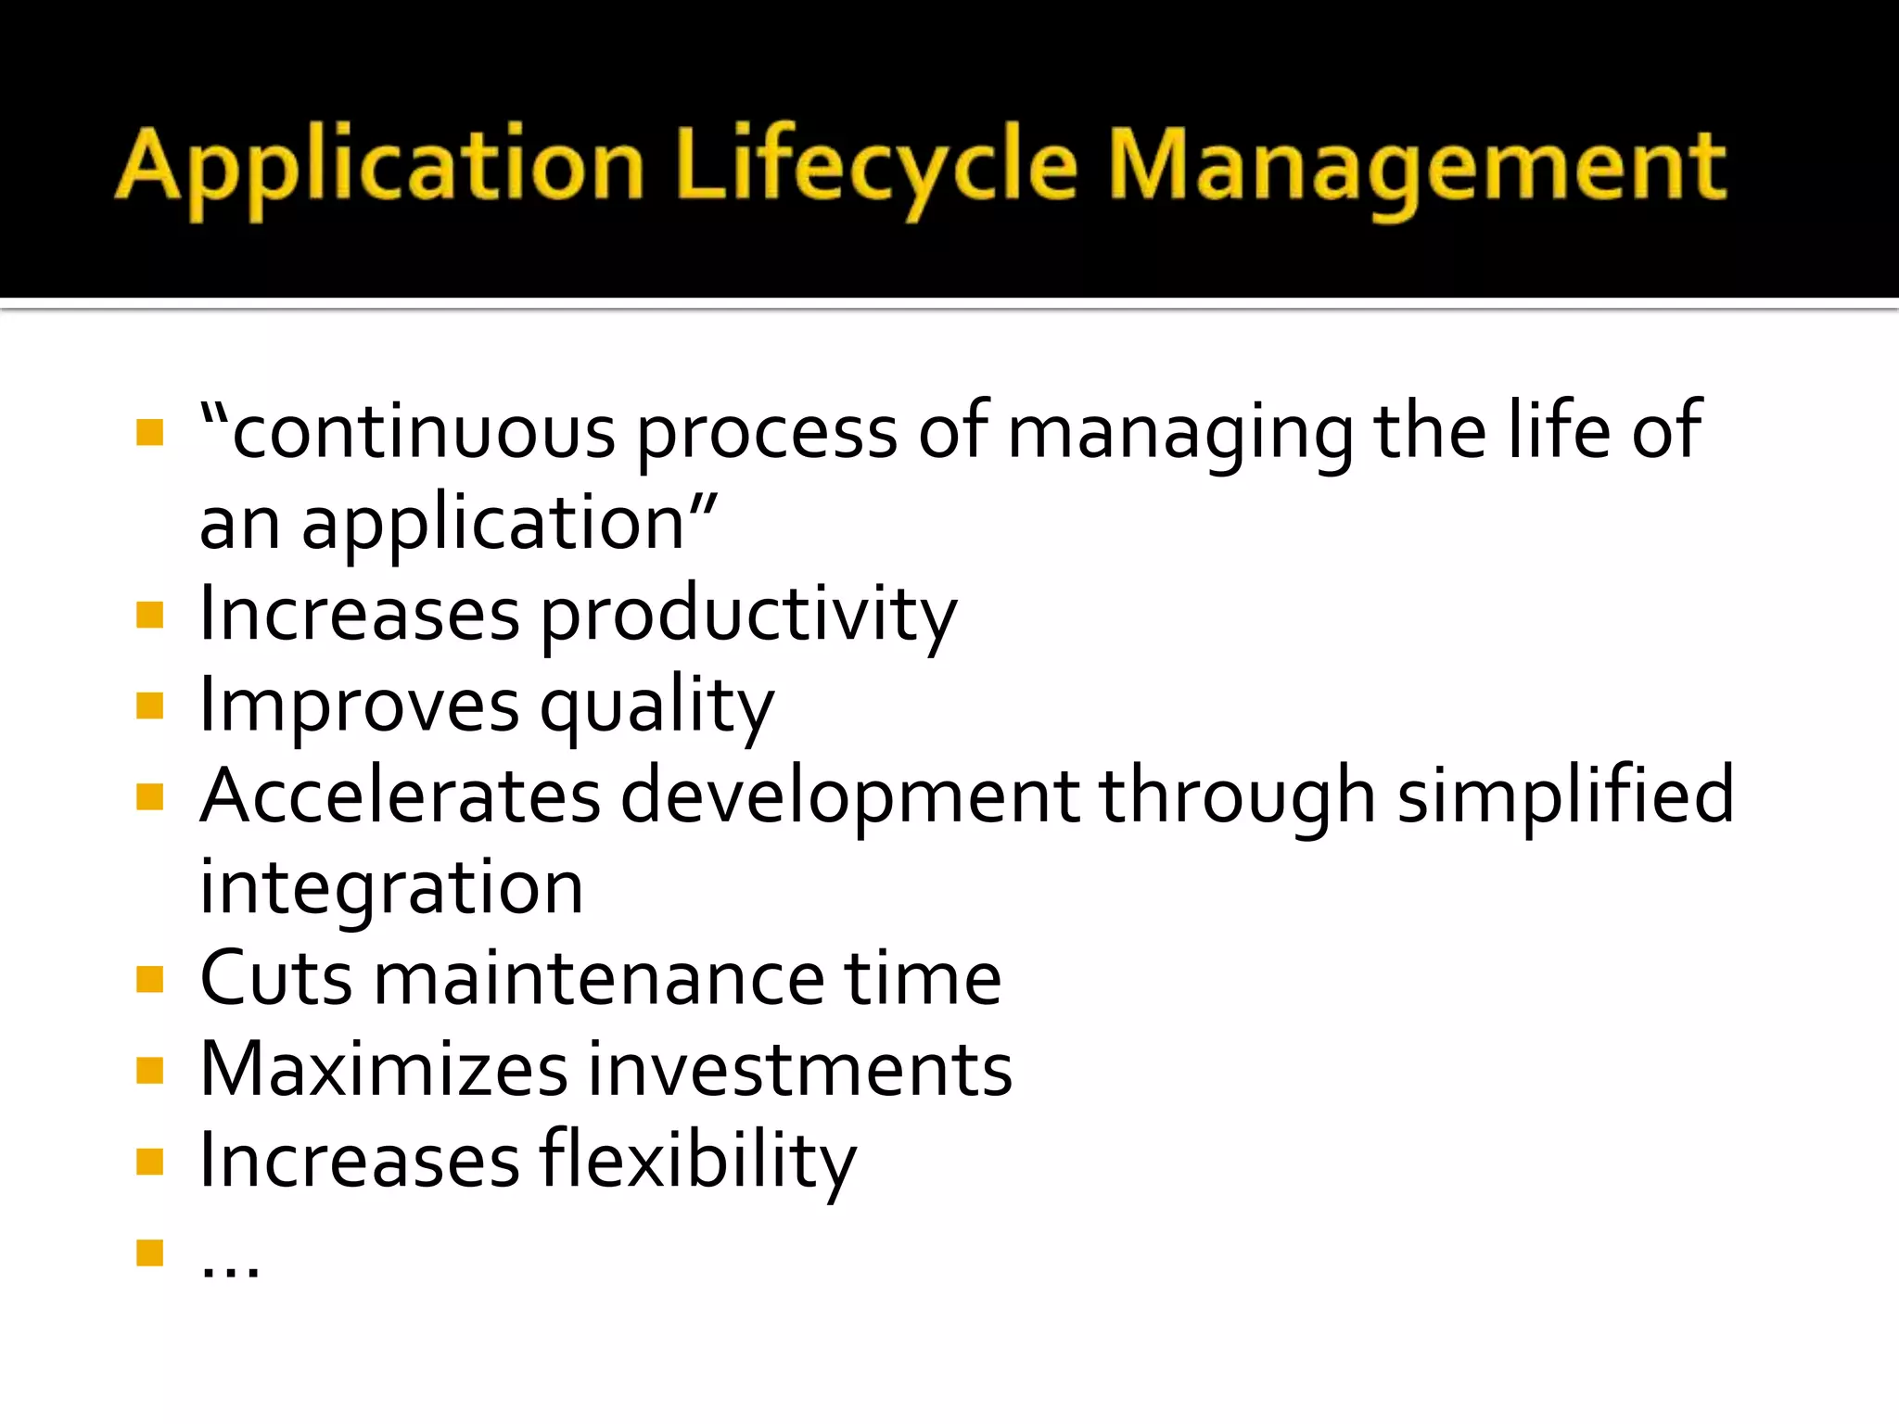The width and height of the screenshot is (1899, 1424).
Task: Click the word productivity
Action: pos(748,616)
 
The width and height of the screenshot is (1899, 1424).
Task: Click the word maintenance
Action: pos(599,979)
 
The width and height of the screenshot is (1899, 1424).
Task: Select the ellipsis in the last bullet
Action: pos(230,1266)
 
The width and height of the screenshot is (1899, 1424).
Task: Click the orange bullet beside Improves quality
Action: pos(149,706)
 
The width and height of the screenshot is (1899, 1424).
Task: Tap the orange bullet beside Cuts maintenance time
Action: pos(149,979)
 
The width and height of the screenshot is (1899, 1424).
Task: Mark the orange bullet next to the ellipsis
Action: pos(149,1252)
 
